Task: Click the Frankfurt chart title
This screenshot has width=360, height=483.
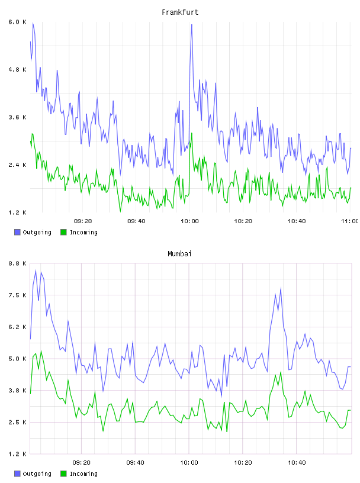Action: tap(180, 12)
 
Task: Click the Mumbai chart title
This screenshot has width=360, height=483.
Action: tap(179, 254)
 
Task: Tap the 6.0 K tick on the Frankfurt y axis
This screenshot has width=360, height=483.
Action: tap(17, 22)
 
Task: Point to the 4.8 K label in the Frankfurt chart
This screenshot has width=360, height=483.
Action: tap(17, 70)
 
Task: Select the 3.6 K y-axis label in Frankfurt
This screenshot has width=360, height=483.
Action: tap(17, 117)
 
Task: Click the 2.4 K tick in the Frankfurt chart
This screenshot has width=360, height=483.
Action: tap(17, 165)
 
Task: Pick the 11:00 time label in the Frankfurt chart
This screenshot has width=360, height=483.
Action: tap(350, 221)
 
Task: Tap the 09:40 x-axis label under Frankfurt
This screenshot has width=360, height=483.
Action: tap(136, 221)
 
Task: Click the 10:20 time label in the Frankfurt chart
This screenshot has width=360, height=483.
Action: tap(243, 221)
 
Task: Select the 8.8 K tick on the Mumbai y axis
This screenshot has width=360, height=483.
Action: tap(17, 263)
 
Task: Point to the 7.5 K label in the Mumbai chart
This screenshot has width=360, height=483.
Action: tap(17, 295)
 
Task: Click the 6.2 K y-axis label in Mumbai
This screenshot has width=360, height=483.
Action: tap(17, 327)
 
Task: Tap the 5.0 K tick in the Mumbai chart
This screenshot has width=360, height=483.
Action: tap(17, 359)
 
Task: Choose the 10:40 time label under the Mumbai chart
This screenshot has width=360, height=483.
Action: tap(297, 463)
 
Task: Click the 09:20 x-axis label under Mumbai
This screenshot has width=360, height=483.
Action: tap(82, 463)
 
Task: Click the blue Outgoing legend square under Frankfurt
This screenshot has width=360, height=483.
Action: tap(17, 232)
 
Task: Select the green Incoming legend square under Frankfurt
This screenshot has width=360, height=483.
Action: tap(63, 232)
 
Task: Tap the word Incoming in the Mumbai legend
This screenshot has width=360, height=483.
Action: tap(83, 474)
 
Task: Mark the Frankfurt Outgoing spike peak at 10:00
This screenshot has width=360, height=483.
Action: tap(192, 25)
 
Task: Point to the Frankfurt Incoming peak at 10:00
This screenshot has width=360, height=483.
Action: tap(192, 133)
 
